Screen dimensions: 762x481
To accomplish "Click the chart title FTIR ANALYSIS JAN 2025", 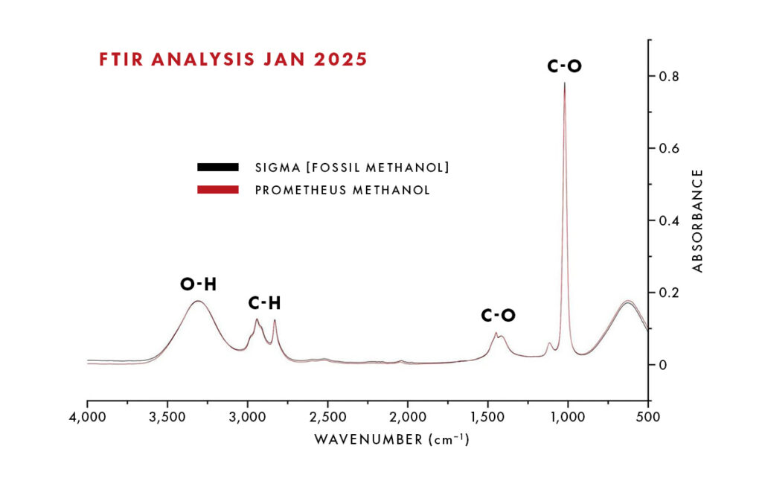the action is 233,60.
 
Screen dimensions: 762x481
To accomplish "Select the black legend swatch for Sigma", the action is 218,168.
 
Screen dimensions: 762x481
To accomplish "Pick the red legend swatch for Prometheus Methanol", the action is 218,190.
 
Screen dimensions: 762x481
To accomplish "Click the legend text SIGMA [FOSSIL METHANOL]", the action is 352,168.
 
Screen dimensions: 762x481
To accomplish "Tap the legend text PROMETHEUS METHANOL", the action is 342,190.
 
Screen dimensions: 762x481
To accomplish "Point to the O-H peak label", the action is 198,284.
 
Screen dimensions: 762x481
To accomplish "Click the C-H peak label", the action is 264,304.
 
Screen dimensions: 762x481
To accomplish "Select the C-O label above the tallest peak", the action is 564,66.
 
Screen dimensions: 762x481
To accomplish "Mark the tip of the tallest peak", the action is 564,83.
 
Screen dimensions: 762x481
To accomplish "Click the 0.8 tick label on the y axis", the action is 669,77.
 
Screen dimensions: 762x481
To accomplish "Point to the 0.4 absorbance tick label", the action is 669,220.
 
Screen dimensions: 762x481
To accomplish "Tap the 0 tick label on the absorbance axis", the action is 663,365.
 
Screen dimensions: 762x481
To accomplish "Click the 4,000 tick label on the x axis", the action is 88,417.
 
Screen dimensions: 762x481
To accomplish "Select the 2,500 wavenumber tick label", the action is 327,417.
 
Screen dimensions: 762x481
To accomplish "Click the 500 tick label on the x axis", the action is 648,417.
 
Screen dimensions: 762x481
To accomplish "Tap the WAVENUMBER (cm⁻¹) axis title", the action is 391,439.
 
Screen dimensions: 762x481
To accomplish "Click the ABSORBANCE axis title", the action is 698,221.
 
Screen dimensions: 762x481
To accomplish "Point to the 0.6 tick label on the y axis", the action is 669,148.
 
